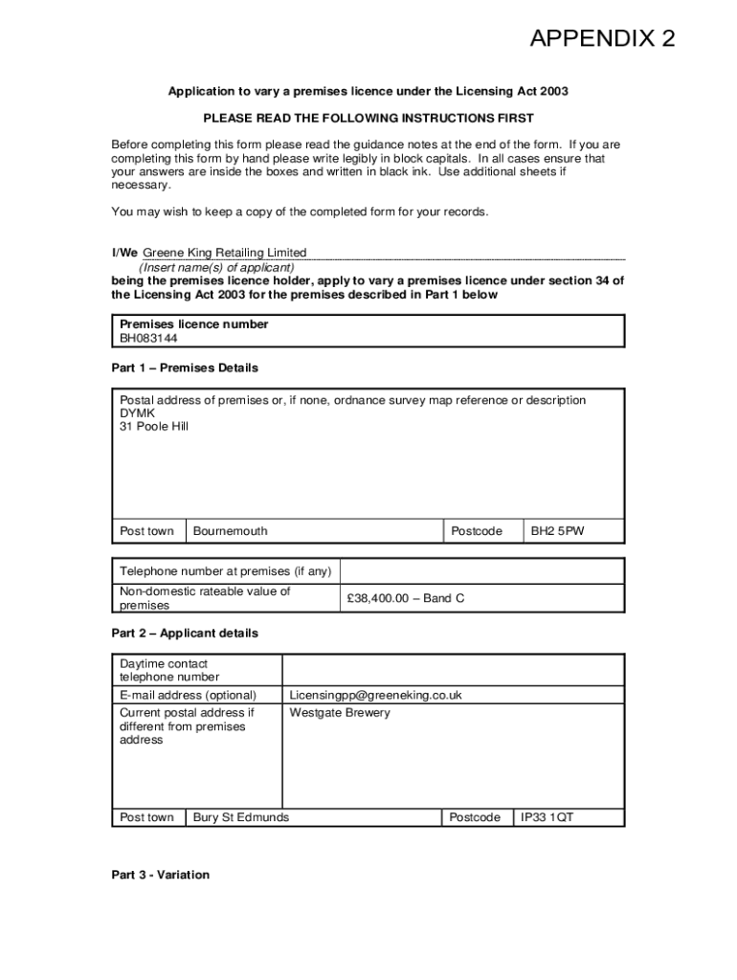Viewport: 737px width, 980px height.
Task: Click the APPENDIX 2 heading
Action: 602,39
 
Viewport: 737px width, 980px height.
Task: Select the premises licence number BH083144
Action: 148,338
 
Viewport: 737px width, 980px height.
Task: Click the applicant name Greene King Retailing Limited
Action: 224,254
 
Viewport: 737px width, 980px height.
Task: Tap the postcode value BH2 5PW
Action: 557,531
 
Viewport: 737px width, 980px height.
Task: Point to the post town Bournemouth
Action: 231,531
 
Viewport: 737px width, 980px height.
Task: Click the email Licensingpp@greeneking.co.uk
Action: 375,696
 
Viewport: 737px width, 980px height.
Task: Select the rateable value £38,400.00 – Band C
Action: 405,598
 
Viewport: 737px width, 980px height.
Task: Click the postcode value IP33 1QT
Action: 547,817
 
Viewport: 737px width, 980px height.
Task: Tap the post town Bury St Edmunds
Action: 241,817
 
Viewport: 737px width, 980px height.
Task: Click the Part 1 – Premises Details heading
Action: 185,367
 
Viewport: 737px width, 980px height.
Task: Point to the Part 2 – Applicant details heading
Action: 185,634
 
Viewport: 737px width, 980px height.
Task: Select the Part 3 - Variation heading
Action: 160,875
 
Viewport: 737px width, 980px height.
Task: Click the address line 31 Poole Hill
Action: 154,427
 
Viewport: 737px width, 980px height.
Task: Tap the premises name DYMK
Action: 137,413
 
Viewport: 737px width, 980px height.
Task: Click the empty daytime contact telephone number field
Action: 452,670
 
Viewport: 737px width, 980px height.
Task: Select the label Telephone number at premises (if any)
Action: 225,571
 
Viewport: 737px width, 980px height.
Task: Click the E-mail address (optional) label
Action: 188,696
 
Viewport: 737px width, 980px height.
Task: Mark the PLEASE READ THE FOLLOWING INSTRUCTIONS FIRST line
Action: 368,119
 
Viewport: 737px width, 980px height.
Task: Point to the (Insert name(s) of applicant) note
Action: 216,268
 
